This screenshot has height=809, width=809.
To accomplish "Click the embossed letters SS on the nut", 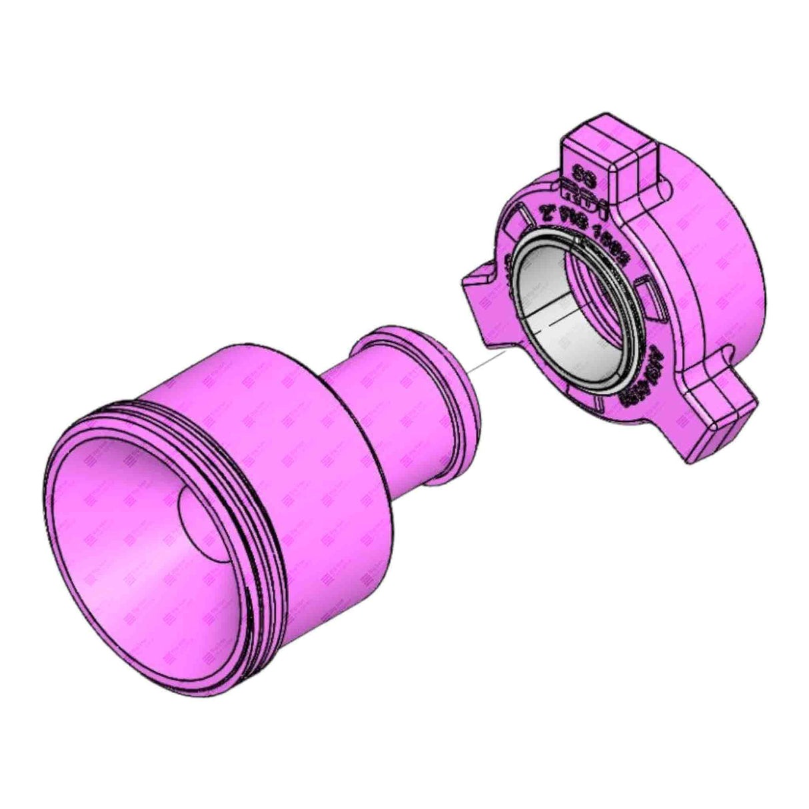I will click(578, 175).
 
